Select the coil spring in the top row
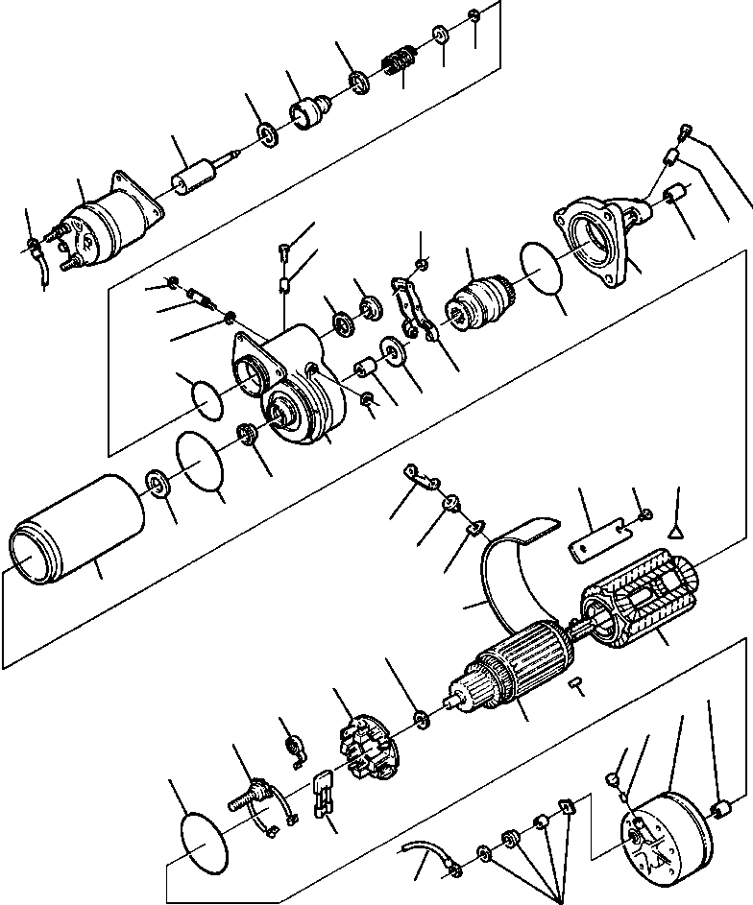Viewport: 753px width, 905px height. click(396, 64)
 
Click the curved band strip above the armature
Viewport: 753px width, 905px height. click(509, 576)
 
